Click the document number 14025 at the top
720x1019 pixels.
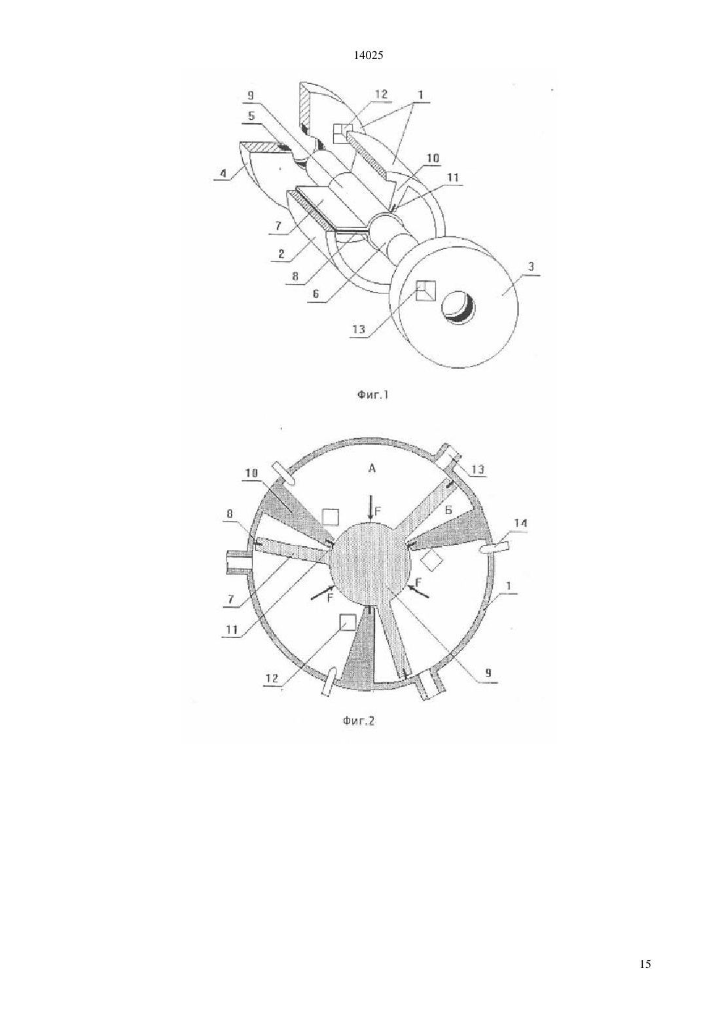[x=368, y=56]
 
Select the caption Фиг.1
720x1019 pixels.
[x=372, y=395]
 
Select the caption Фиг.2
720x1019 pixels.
[x=359, y=720]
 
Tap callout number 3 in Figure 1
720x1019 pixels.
[x=531, y=267]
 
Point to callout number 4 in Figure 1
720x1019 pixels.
[x=223, y=174]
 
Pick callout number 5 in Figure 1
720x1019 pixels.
[x=251, y=115]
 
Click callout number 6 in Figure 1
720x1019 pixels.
[x=316, y=294]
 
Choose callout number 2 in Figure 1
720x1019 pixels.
[x=281, y=253]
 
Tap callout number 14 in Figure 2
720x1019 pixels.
[x=521, y=523]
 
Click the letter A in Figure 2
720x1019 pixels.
[x=372, y=468]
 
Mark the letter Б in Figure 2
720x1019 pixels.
[x=448, y=510]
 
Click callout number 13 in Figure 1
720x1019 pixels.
[x=359, y=329]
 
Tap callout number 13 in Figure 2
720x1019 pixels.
[x=478, y=469]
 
